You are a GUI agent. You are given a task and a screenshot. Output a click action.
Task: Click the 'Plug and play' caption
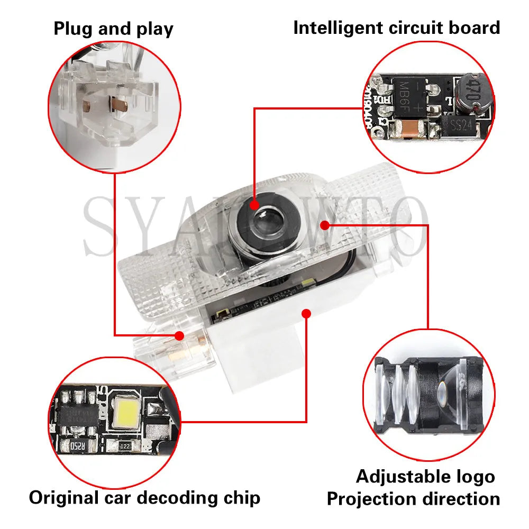coord(113,29)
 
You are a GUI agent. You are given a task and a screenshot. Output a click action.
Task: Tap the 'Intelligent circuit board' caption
coord(396,28)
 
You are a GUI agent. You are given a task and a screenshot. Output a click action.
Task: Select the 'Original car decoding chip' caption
coord(144,497)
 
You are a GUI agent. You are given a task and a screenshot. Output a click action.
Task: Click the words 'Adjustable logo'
coord(425,476)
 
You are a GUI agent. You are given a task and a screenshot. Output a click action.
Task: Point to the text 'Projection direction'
coord(413,498)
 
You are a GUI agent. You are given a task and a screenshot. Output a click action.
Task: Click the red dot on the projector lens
coord(254,205)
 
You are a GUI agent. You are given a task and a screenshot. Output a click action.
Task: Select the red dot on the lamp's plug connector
coord(179,335)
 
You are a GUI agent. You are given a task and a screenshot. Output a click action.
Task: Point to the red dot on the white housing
coord(306,314)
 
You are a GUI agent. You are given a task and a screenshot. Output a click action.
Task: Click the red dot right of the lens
coord(325,225)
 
